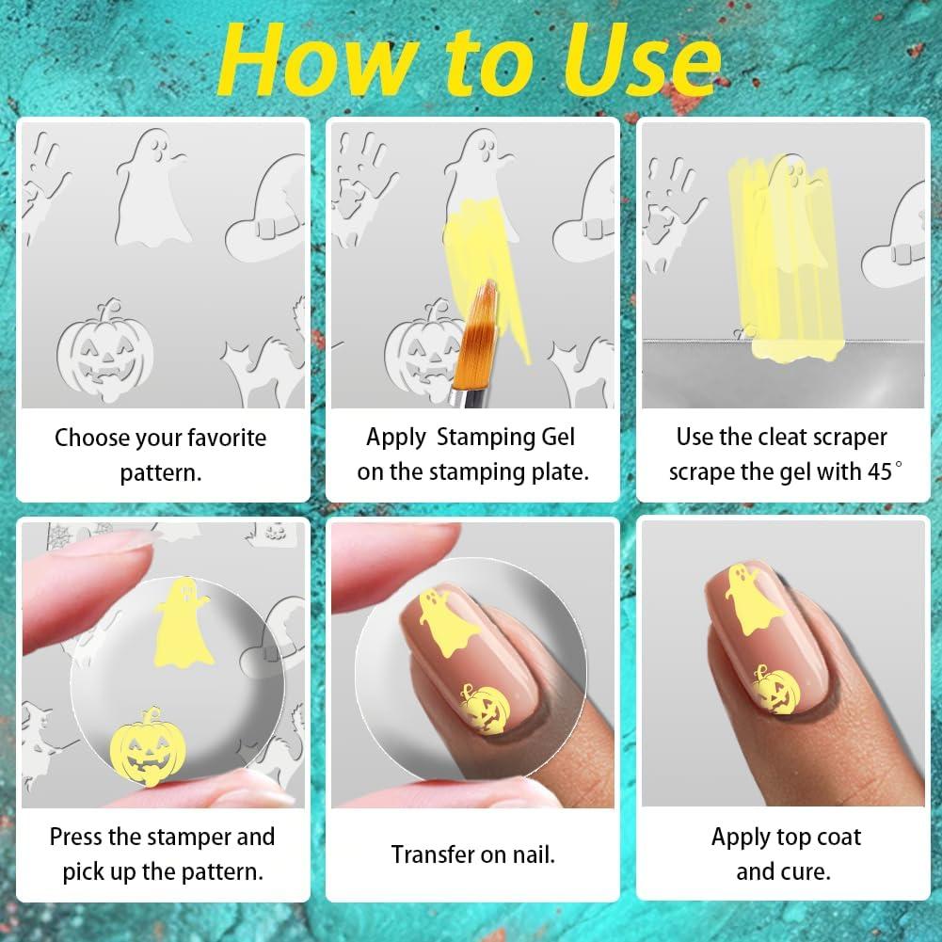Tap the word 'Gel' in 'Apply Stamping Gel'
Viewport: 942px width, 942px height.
click(552, 437)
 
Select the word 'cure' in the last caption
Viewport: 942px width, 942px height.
click(806, 871)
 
